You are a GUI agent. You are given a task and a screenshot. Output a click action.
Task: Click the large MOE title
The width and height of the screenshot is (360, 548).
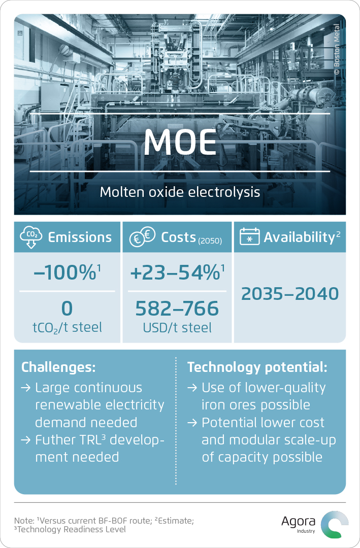(x=180, y=142)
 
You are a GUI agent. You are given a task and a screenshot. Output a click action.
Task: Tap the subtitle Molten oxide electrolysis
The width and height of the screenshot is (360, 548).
(x=180, y=192)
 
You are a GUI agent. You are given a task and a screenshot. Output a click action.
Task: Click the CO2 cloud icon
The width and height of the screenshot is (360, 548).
(x=31, y=237)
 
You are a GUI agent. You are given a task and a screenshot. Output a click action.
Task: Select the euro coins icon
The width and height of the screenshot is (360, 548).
(x=142, y=236)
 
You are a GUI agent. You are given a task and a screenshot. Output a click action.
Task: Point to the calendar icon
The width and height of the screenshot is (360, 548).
(x=249, y=236)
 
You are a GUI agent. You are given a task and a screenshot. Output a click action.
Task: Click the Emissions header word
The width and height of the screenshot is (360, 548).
(x=80, y=237)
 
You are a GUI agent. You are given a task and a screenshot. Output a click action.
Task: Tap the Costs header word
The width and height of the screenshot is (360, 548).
(x=178, y=237)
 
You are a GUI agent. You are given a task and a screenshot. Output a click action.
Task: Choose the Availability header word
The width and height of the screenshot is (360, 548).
(x=300, y=237)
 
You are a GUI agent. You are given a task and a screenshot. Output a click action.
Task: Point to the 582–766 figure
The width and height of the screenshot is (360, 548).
(x=177, y=309)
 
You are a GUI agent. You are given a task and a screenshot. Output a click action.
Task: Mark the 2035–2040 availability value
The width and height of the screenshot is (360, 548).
(x=290, y=294)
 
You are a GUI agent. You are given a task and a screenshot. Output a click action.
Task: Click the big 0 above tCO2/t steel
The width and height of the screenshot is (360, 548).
(x=67, y=309)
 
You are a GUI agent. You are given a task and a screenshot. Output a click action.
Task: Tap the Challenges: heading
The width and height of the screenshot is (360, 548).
(x=58, y=367)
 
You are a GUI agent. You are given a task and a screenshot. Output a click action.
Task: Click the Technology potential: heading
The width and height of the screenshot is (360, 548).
(x=257, y=367)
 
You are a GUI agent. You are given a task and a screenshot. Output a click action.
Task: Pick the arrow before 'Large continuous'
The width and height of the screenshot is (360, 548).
(x=25, y=388)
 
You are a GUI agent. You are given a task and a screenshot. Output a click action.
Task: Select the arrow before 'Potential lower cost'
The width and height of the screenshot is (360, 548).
(x=192, y=423)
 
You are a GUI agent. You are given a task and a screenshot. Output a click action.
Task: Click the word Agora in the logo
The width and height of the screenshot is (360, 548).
(x=298, y=522)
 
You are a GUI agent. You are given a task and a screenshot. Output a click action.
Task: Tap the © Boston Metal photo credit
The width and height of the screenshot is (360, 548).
(x=337, y=49)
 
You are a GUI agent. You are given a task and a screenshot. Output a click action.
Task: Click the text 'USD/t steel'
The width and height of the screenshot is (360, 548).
(x=177, y=328)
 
